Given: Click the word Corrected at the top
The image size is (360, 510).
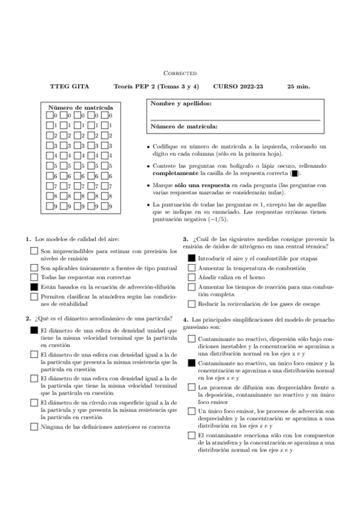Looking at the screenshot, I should coord(180,73).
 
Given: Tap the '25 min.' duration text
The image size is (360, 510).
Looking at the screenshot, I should coord(299,87).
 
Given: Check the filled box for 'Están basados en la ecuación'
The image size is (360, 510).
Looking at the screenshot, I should coord(34,288).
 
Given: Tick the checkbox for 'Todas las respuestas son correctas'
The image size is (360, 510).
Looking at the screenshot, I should coord(34,277).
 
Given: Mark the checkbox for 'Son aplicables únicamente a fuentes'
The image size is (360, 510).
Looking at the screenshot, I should coord(34,267).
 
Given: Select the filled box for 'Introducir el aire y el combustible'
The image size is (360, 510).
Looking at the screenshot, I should coord(191,257).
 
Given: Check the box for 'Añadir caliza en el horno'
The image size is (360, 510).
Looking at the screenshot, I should coord(191,277).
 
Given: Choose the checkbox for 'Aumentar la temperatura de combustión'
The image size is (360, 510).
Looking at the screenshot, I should coord(191,267).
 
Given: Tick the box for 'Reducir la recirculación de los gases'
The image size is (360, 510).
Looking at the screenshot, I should coord(191,304).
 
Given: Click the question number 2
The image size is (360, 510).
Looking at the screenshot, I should coord(28,319).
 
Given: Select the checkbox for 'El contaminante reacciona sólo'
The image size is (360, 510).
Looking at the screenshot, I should coord(191,435).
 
